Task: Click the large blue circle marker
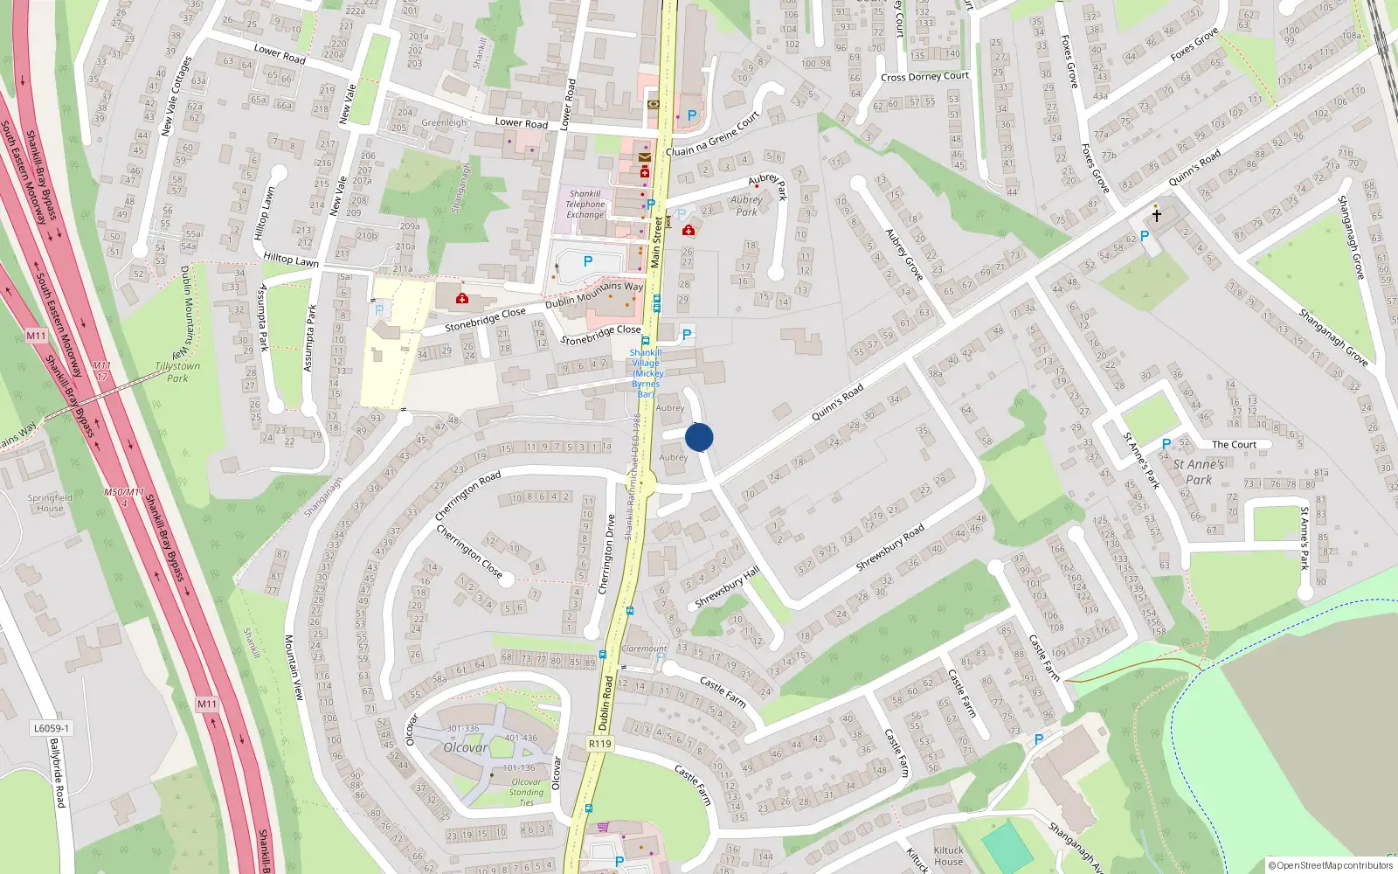(699, 437)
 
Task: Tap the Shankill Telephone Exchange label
(585, 205)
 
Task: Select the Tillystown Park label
(177, 372)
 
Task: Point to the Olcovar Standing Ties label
(526, 792)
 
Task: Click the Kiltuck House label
(948, 856)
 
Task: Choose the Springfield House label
(50, 503)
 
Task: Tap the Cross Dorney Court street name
(924, 77)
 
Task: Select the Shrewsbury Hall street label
(727, 587)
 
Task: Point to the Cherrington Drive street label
(606, 555)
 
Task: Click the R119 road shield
(599, 744)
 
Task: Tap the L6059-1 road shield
(52, 728)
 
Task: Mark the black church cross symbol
(1156, 214)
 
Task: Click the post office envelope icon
(645, 157)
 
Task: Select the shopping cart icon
(603, 827)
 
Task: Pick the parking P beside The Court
(1166, 445)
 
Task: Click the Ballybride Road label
(58, 773)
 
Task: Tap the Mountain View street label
(294, 667)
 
